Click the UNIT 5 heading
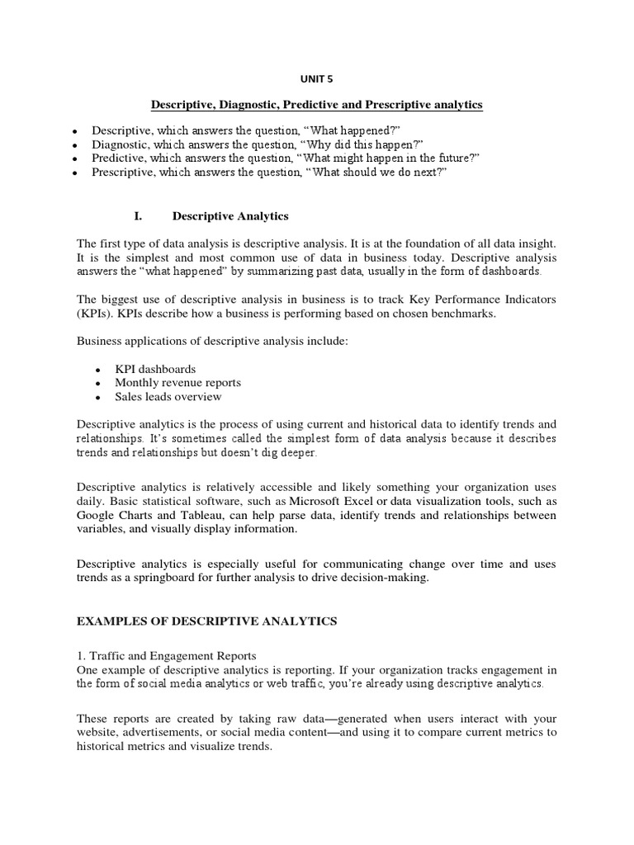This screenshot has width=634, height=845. [316, 80]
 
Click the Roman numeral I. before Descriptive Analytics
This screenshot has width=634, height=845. [138, 216]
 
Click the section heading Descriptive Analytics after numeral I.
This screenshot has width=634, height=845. [229, 216]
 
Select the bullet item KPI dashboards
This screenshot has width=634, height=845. [155, 369]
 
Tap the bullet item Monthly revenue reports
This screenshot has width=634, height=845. [177, 383]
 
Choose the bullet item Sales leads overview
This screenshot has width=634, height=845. [168, 397]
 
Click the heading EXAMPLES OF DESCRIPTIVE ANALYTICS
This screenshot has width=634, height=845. [206, 621]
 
